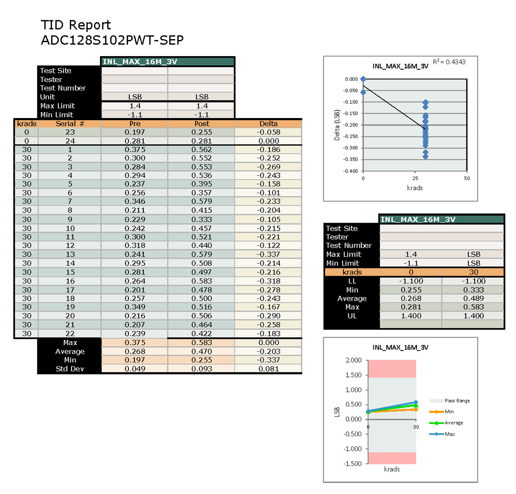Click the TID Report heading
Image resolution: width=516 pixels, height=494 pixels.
(x=76, y=25)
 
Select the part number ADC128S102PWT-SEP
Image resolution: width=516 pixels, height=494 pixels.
(x=112, y=40)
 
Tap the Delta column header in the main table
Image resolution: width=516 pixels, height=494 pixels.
(x=268, y=124)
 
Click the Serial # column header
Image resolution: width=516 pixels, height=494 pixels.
(x=70, y=124)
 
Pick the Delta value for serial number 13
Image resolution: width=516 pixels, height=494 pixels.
(x=268, y=254)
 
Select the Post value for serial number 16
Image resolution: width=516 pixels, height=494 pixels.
(x=202, y=281)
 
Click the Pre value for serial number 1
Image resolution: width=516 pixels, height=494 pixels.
(x=135, y=150)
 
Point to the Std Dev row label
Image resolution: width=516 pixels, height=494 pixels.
(x=70, y=369)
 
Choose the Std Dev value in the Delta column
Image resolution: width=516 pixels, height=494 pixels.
(x=268, y=369)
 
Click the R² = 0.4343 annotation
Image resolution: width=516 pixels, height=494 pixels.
(x=449, y=62)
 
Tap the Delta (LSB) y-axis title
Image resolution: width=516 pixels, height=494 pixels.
(x=337, y=125)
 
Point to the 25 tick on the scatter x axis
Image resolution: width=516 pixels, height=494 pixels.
(x=415, y=178)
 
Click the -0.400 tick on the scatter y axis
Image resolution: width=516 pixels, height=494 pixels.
(x=351, y=171)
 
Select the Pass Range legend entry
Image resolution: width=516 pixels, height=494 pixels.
(x=457, y=401)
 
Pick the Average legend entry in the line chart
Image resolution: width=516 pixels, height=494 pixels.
(x=453, y=423)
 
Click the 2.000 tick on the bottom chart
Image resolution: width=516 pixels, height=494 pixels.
(x=354, y=360)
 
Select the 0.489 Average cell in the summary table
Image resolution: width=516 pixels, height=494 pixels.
(x=473, y=298)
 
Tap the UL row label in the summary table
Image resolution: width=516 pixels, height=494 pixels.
(x=352, y=316)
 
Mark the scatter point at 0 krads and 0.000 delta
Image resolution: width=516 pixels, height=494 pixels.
(x=363, y=79)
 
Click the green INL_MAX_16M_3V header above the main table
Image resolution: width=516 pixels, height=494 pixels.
(x=168, y=62)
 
